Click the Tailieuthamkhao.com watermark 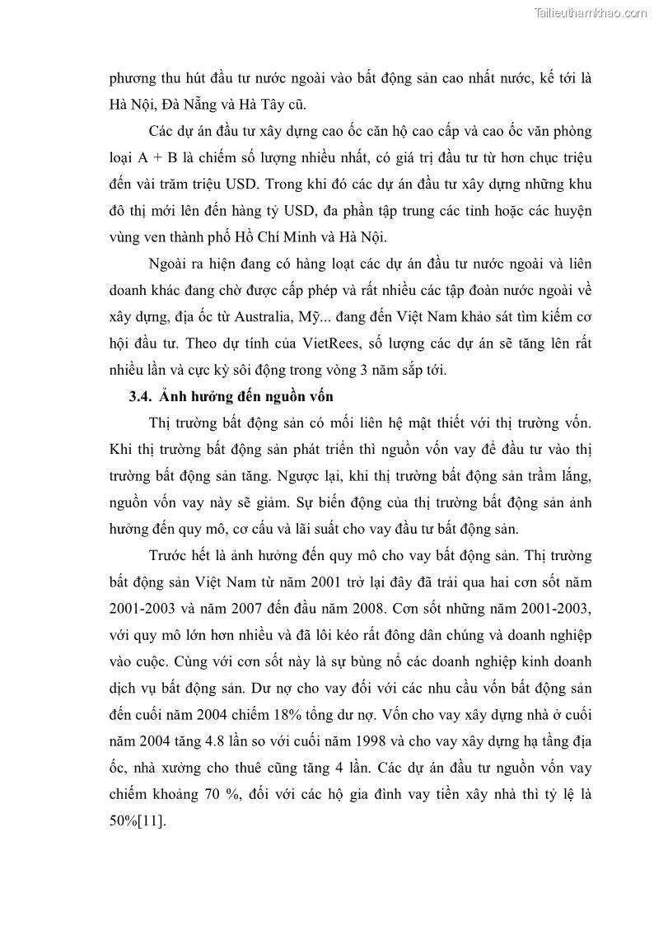(591, 12)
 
